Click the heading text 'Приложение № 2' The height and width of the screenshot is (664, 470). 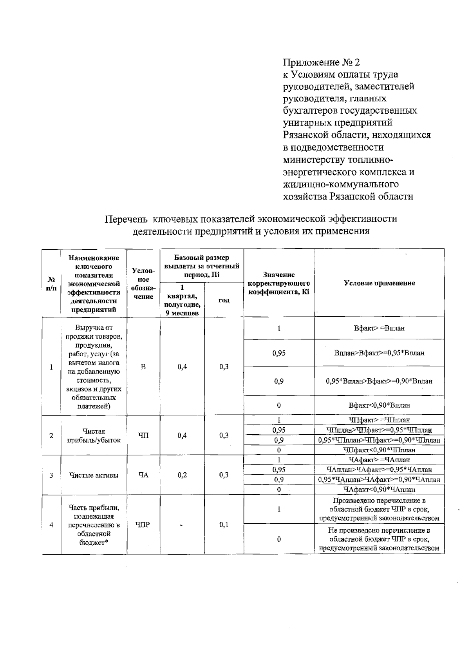pos(321,62)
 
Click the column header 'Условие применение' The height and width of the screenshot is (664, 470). pos(379,283)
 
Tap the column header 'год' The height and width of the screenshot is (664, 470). pos(224,300)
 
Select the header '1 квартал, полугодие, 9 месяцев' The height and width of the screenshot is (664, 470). pos(182,300)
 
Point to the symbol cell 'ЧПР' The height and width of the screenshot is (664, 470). pos(143,525)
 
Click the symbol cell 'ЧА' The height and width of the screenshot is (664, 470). pos(143,475)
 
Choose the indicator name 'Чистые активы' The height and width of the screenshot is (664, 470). pos(94,475)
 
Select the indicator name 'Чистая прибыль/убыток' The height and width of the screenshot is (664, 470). pos(94,435)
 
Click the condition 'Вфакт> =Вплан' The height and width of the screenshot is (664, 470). pos(379,328)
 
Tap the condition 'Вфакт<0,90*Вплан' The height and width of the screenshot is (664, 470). pos(379,405)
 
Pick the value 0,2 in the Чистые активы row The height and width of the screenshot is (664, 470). pos(182,475)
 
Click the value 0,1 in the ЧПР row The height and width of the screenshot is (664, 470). pos(224,525)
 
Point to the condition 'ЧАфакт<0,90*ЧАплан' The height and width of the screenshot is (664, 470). pos(379,489)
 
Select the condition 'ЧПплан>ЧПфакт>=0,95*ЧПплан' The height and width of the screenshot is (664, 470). pos(379,430)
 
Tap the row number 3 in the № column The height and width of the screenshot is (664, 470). pos(51,475)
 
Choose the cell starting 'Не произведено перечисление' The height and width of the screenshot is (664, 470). pos(379,539)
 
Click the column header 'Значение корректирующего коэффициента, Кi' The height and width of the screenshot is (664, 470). pos(279,283)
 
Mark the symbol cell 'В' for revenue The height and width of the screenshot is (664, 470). pos(143,367)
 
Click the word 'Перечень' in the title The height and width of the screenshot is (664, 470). pos(126,219)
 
